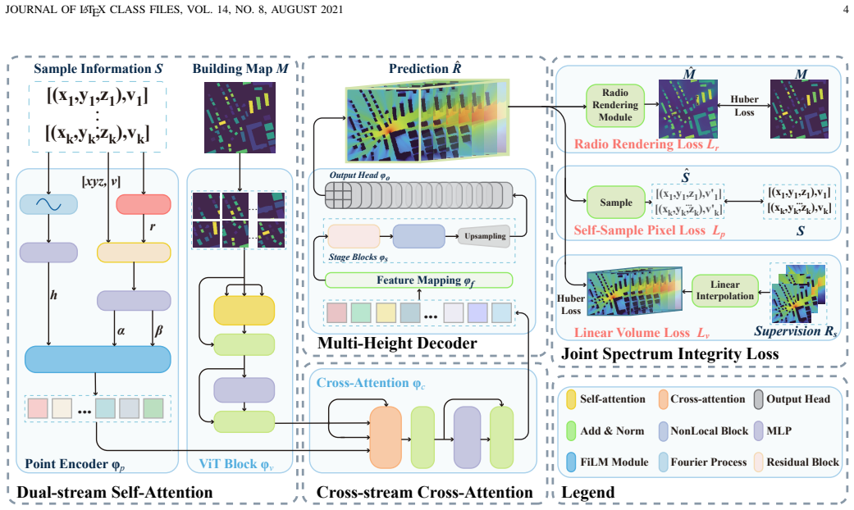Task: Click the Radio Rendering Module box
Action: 615,105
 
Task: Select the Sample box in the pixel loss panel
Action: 616,203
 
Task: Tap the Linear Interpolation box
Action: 725,290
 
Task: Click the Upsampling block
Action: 484,236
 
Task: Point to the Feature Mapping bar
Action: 419,280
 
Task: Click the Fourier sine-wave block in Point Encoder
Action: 48,205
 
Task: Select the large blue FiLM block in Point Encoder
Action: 98,359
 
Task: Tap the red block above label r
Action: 144,205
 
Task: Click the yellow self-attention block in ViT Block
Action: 244,311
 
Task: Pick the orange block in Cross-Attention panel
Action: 386,438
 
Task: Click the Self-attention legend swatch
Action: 571,399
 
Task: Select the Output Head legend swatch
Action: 759,399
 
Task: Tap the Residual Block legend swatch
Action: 759,462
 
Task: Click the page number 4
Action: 845,9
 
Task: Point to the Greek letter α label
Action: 121,330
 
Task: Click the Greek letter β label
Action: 158,330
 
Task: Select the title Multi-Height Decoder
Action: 397,343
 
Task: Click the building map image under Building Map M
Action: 240,117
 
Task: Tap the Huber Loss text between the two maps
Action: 744,106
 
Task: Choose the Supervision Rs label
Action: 795,331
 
